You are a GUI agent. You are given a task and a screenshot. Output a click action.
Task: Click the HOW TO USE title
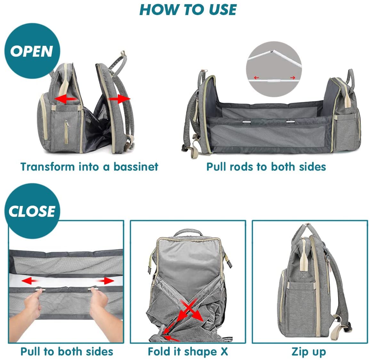(188, 10)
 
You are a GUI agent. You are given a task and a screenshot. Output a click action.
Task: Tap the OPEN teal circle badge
(32, 51)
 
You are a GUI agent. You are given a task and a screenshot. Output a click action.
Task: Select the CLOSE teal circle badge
(32, 211)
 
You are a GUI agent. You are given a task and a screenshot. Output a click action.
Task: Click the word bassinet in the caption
(136, 167)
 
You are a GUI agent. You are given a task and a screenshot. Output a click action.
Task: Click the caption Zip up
(309, 351)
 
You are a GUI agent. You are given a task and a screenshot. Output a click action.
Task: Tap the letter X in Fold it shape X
(224, 351)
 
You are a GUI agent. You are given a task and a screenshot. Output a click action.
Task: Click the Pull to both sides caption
(67, 351)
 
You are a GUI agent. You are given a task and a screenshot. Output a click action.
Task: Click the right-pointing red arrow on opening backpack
(119, 99)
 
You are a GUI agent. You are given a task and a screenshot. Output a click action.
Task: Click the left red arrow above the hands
(31, 281)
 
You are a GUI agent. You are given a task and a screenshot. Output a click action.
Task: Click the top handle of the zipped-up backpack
(306, 228)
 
